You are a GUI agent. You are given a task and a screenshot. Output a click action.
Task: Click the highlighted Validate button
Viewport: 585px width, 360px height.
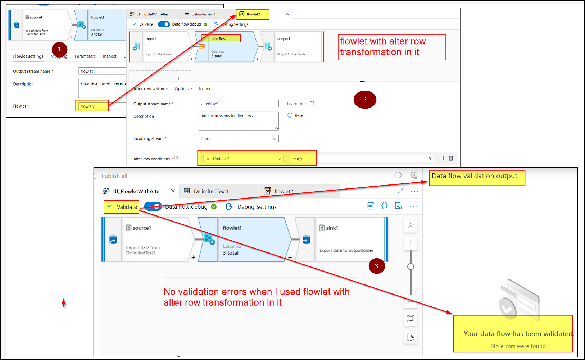click(122, 207)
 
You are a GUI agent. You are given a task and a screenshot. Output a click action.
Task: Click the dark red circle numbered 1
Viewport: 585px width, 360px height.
click(59, 50)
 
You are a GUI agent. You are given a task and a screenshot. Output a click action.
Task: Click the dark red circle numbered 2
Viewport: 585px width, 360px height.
click(365, 100)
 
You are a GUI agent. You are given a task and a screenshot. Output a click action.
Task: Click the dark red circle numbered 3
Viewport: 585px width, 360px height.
click(377, 266)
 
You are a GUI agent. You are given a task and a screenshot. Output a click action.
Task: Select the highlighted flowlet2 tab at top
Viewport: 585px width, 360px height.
click(253, 14)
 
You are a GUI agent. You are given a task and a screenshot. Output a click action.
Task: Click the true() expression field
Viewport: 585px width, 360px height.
click(302, 159)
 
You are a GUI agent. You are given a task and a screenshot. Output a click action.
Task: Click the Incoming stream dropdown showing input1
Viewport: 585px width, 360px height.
click(239, 139)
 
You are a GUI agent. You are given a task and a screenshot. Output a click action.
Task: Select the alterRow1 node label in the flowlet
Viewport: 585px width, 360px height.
click(220, 38)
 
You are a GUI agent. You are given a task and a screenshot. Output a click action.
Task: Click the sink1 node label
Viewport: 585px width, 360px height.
click(332, 228)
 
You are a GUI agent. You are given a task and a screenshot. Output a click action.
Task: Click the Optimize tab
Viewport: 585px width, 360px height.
click(183, 89)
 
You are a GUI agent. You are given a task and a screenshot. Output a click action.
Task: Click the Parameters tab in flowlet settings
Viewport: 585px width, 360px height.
click(85, 56)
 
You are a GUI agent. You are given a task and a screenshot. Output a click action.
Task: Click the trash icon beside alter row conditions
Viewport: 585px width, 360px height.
click(451, 158)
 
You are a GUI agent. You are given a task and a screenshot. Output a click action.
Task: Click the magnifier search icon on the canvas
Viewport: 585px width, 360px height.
click(411, 225)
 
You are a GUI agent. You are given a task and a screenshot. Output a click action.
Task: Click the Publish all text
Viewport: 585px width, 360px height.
click(114, 176)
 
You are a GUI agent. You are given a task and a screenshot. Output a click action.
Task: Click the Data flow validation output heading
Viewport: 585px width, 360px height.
click(474, 176)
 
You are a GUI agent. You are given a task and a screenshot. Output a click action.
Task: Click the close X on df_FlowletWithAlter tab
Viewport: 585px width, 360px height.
click(173, 191)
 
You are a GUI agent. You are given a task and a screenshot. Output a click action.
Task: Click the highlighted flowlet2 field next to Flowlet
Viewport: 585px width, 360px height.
click(92, 106)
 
